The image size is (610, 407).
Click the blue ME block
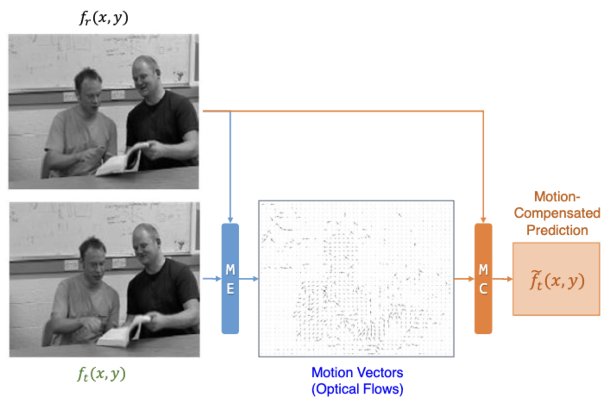230,279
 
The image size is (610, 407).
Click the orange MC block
483,279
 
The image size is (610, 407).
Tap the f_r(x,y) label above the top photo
104,18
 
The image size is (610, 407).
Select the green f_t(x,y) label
101,374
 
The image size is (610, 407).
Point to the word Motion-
557,197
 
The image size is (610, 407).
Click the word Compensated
557,213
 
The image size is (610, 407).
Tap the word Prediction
557,230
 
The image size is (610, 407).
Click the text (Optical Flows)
357,389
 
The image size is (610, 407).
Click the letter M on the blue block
230,270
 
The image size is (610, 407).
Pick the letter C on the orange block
483,289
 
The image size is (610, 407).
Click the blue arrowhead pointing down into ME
230,219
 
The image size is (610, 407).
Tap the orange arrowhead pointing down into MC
483,219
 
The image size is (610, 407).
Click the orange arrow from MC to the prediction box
502,279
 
